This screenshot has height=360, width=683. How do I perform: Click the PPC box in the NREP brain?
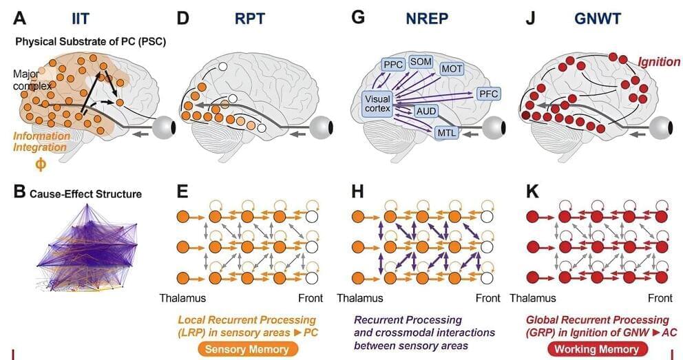click(x=393, y=64)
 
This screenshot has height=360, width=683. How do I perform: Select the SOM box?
click(x=420, y=61)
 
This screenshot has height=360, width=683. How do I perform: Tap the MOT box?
click(x=452, y=69)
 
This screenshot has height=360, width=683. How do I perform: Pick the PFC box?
click(x=490, y=93)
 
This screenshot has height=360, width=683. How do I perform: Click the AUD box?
click(x=425, y=111)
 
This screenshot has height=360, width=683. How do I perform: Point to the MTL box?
click(x=447, y=133)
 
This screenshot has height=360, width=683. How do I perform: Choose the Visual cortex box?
click(x=377, y=104)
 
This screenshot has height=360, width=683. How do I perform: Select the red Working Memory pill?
click(x=594, y=349)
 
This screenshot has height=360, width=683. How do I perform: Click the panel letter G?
click(x=357, y=17)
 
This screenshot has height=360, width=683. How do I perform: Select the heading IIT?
click(x=82, y=18)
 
